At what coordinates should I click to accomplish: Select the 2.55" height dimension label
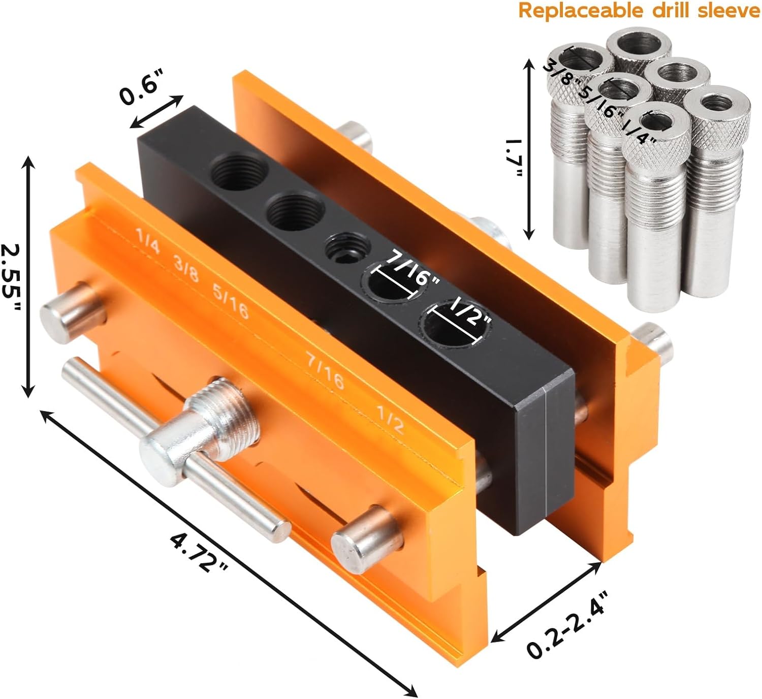pos(11,278)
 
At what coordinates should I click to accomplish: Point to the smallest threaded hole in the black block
pos(343,247)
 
